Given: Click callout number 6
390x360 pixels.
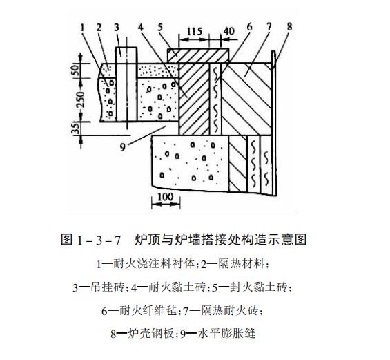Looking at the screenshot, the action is (x=249, y=27).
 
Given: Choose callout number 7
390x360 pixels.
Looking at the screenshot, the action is (x=269, y=27).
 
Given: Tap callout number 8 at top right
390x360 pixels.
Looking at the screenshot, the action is (x=289, y=27).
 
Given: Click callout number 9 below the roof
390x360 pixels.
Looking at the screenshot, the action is (x=122, y=147).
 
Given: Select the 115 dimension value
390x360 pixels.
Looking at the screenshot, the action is (x=194, y=32).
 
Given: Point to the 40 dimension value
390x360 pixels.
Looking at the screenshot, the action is (x=229, y=31).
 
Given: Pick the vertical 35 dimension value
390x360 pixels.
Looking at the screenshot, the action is (x=77, y=128).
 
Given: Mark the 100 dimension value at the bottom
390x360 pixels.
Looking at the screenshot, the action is (x=166, y=197).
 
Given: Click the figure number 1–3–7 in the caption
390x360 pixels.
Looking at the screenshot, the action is (x=99, y=240).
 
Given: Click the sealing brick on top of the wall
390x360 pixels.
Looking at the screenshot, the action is (x=197, y=56).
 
